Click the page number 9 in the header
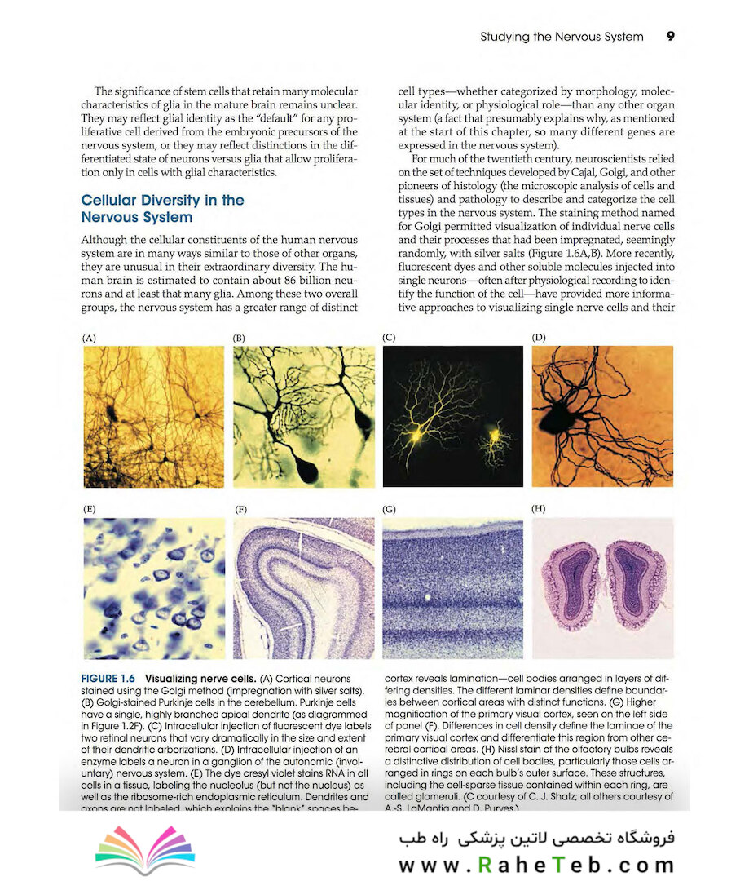click(x=670, y=37)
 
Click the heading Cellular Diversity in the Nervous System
click(x=162, y=209)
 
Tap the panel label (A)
click(x=89, y=337)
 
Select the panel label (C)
click(x=389, y=337)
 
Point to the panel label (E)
click(x=89, y=509)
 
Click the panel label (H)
click(x=539, y=508)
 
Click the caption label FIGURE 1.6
click(x=109, y=679)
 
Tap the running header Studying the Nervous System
click(x=562, y=37)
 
